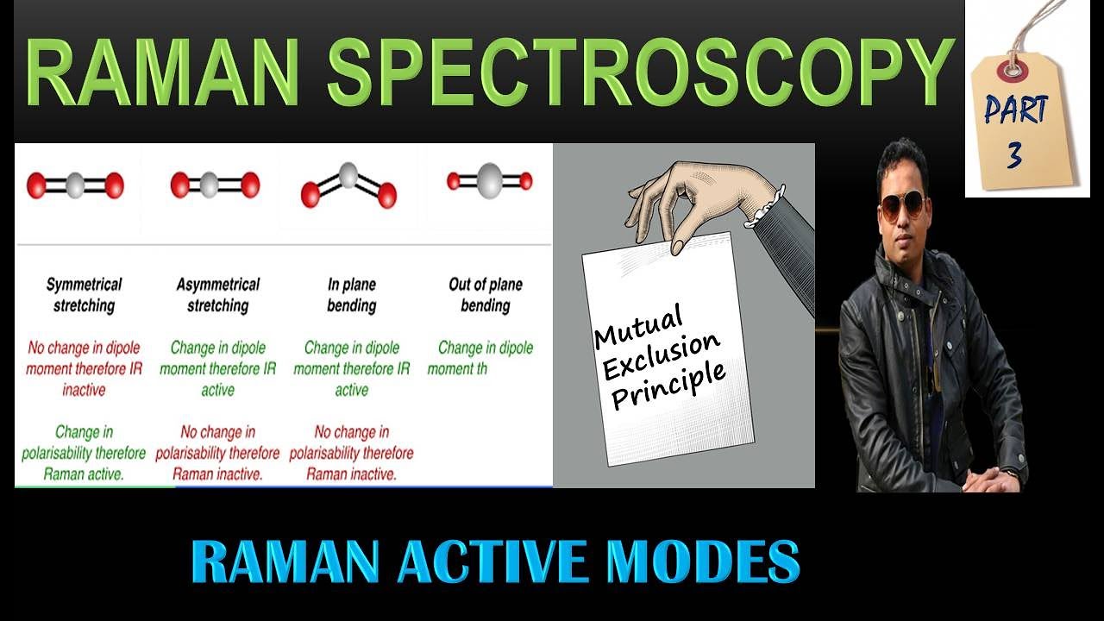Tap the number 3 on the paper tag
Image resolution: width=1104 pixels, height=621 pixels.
(1014, 154)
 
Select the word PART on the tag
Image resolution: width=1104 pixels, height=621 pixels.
(1016, 110)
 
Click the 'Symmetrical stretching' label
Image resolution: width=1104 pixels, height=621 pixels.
(84, 295)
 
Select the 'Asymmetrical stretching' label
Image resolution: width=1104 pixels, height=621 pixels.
(217, 295)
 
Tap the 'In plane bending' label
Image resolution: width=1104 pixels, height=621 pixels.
(352, 295)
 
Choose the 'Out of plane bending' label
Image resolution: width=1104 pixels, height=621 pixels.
(485, 295)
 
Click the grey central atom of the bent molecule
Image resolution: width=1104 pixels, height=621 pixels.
(348, 175)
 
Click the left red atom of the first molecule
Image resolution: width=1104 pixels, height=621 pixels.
(36, 185)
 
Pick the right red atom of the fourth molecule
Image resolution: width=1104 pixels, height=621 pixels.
(525, 181)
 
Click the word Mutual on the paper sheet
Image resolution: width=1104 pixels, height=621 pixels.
(639, 326)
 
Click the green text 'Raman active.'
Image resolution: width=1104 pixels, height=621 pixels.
(84, 474)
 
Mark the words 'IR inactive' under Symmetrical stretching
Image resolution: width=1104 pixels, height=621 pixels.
(95, 379)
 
